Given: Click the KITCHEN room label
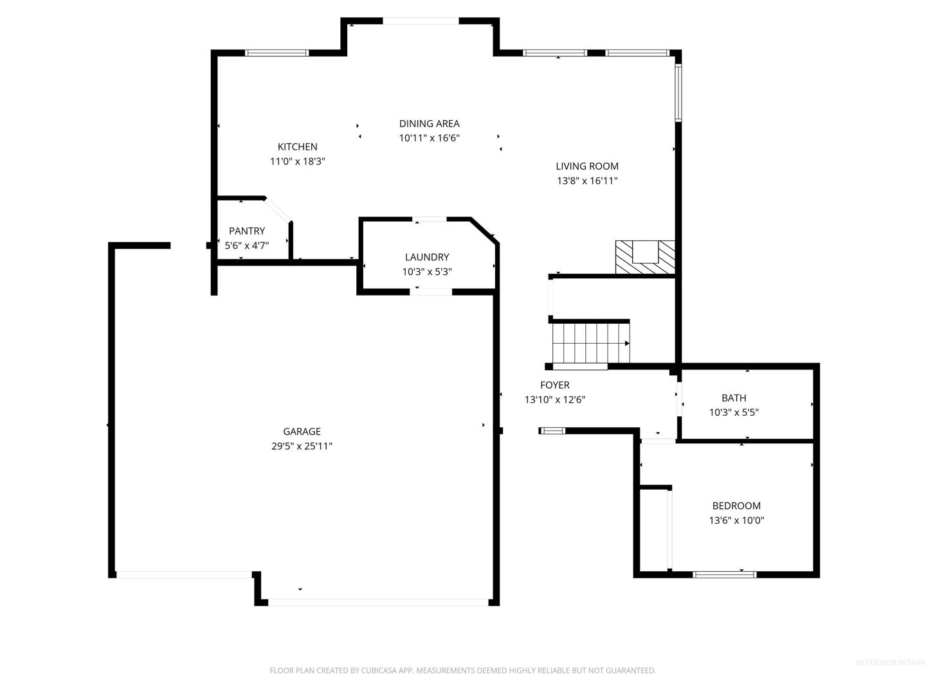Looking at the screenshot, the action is click(297, 147).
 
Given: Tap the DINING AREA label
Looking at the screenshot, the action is click(429, 123).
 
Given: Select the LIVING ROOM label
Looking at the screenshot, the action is click(587, 166).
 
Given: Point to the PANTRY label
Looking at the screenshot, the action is click(247, 231).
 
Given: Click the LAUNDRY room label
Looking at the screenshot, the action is click(427, 257).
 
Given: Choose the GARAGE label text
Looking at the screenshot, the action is click(302, 431).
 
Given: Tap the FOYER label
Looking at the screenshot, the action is click(555, 385).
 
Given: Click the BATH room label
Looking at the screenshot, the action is click(734, 398).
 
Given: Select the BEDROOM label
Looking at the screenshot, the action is click(736, 506).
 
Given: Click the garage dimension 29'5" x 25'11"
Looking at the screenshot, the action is click(302, 446).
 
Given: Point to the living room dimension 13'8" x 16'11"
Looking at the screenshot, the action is click(587, 181).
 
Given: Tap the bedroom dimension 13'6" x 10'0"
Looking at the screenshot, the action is click(736, 520).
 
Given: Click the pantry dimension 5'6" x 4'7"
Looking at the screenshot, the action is click(246, 245).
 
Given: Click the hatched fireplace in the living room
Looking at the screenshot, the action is click(644, 257).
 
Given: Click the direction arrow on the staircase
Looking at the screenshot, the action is click(627, 343).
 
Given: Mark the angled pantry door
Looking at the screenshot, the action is click(278, 209).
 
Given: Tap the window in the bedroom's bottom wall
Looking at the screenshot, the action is click(724, 574).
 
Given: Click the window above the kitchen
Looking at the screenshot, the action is click(277, 53).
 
